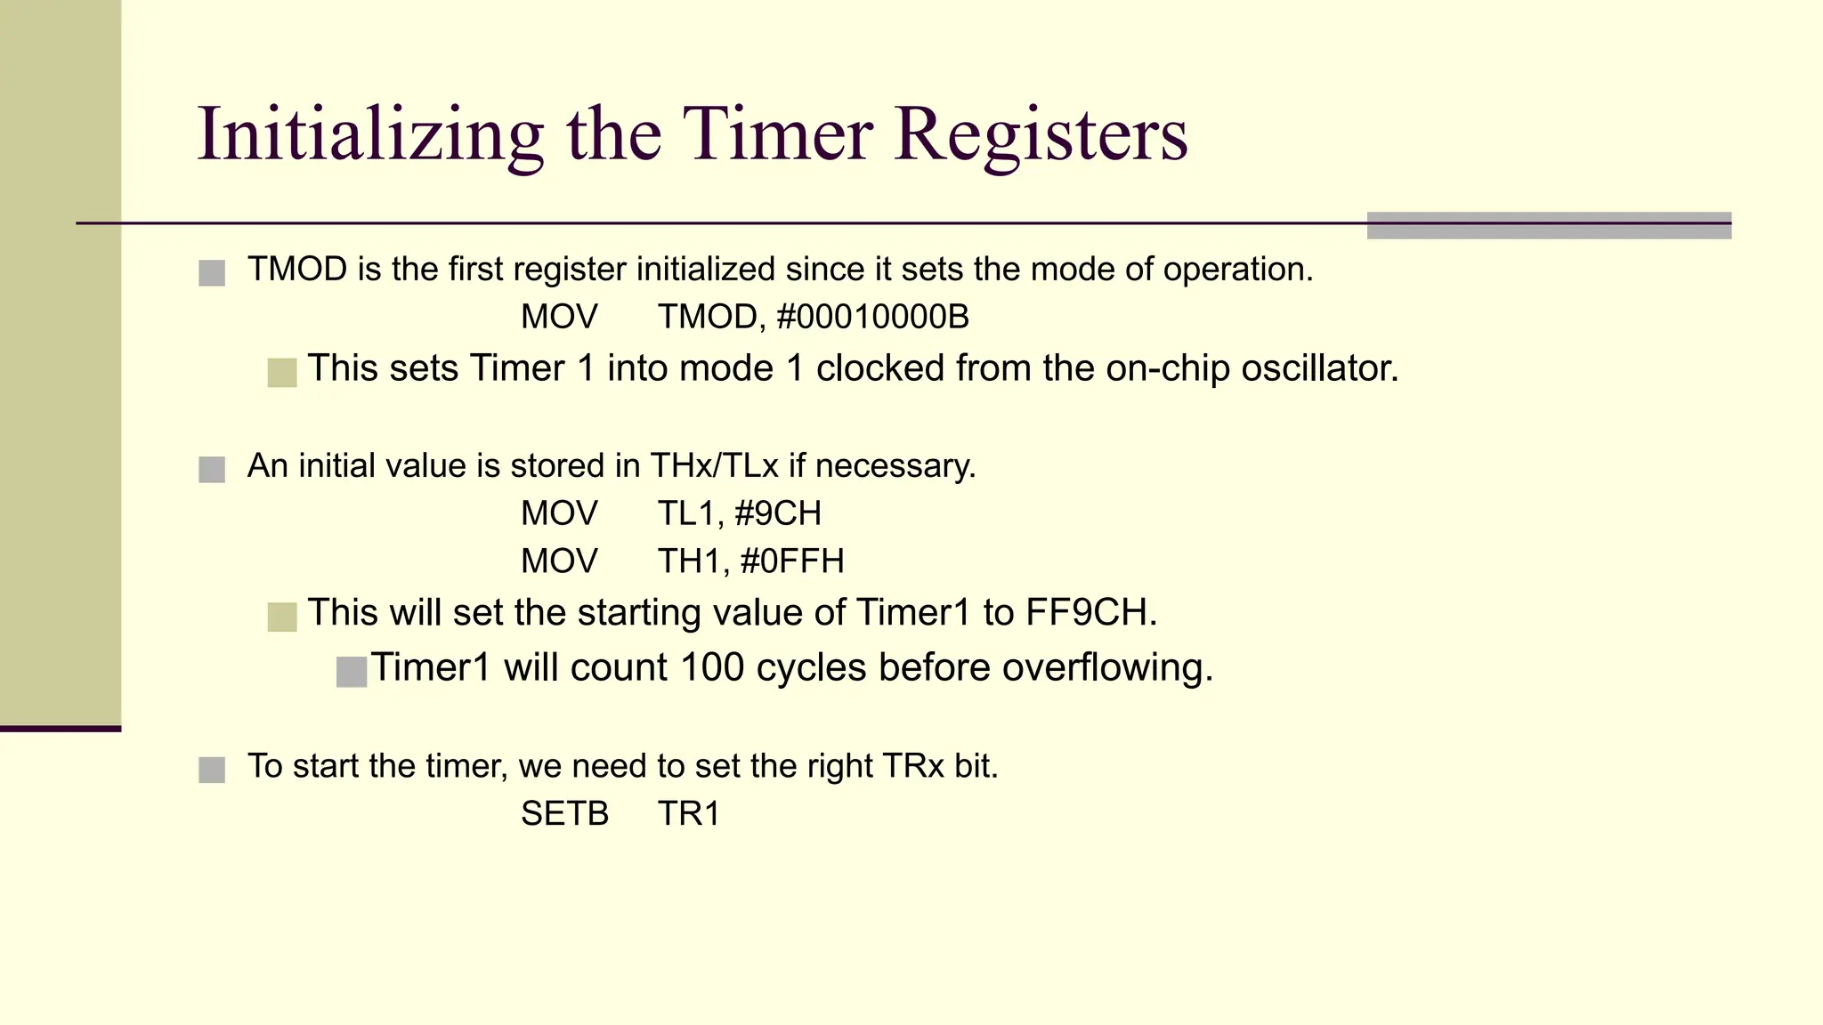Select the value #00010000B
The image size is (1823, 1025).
tap(872, 318)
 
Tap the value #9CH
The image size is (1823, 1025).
tap(778, 513)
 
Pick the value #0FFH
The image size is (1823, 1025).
tap(791, 561)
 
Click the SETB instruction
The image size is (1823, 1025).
tap(564, 814)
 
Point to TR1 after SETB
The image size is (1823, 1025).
tap(688, 814)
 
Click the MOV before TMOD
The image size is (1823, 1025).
tap(559, 318)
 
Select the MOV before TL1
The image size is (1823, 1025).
tap(559, 513)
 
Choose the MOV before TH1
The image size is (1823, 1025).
tap(559, 561)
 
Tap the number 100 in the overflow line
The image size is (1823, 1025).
tap(711, 668)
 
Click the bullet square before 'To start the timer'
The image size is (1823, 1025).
tap(212, 770)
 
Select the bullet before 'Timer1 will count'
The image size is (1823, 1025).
tap(352, 672)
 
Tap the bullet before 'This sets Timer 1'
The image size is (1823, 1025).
tap(282, 373)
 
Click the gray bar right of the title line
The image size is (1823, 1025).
tap(1548, 225)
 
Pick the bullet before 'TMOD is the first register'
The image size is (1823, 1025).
tap(212, 273)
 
